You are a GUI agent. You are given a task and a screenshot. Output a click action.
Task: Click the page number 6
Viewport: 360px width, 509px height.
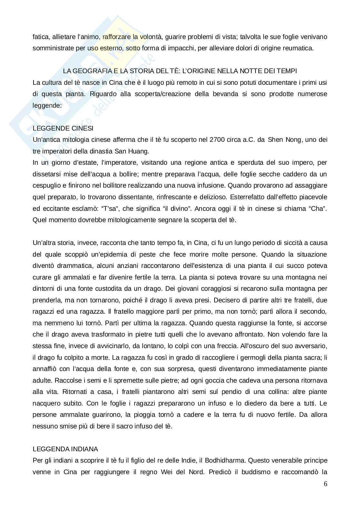tap(325, 484)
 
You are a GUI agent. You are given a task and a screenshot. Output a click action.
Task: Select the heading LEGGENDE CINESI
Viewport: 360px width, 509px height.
tap(63, 128)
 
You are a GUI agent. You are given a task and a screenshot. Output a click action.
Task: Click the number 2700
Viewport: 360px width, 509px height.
tap(216, 140)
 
